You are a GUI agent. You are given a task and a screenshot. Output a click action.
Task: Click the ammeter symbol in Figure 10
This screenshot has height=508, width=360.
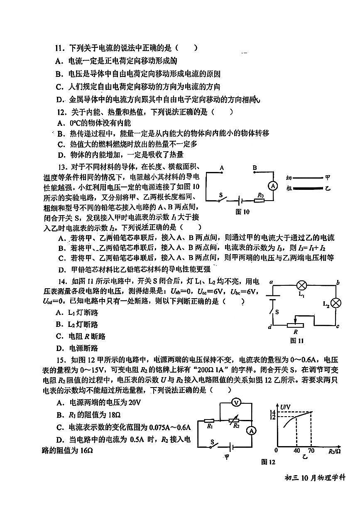[x=273, y=186]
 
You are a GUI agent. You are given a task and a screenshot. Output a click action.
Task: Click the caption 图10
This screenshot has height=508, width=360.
[x=242, y=212]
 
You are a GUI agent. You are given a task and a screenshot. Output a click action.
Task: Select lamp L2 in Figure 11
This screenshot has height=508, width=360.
[x=338, y=303]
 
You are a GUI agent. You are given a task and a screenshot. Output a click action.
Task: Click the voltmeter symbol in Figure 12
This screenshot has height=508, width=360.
[x=235, y=402]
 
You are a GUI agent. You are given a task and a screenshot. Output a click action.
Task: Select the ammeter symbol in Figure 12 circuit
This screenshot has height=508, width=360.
[x=251, y=431]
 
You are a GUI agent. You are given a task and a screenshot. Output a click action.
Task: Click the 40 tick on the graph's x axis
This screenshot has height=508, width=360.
[x=296, y=451]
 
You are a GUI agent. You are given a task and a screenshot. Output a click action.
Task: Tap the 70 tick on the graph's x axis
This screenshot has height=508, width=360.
[x=311, y=451]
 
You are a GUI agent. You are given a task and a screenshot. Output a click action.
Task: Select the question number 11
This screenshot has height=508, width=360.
[x=61, y=48]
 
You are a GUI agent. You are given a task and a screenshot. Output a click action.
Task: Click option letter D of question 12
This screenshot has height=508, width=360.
[x=61, y=155]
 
